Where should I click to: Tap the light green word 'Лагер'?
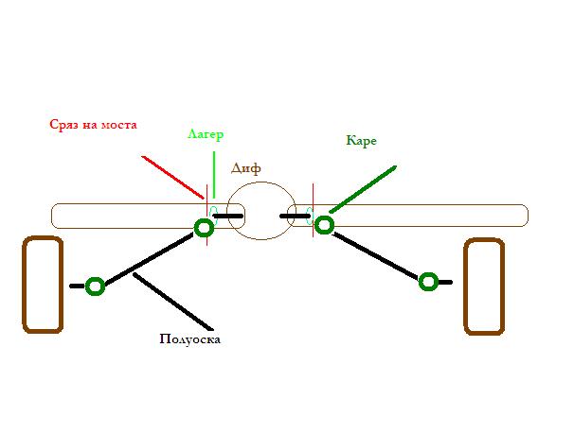[x=206, y=134]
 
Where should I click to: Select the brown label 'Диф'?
[x=246, y=167]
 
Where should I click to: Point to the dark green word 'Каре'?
[x=362, y=141]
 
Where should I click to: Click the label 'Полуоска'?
[x=190, y=339]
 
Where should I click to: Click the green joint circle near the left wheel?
[x=95, y=286]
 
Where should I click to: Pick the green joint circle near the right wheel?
[x=428, y=281]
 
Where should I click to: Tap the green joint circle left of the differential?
[x=204, y=227]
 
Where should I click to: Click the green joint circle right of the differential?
[x=324, y=224]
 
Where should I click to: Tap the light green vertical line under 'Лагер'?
[x=215, y=175]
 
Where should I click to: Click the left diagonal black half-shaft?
[x=150, y=255]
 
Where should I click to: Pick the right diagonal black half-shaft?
[x=375, y=252]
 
